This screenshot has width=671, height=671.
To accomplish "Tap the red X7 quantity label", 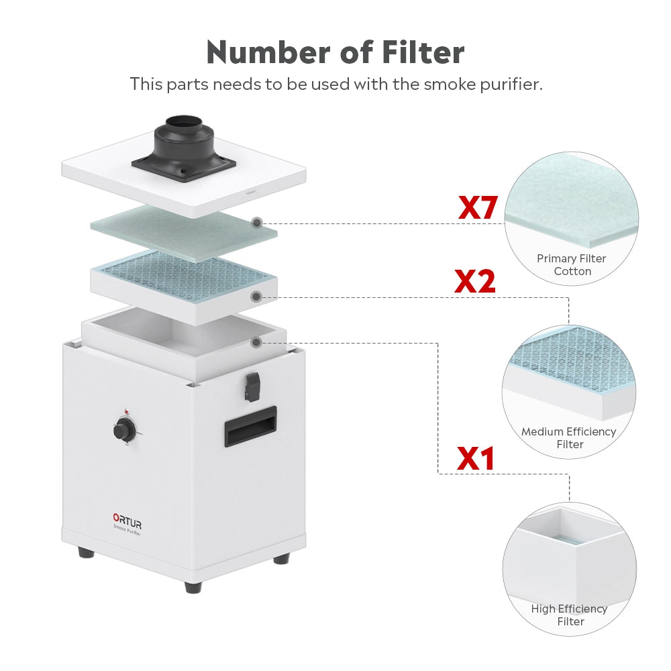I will pos(477,208).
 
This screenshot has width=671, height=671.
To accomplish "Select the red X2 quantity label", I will pos(475,281).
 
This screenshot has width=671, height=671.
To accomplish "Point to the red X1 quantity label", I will pos(476,458).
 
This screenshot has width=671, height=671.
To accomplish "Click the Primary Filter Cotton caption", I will pos(572,265).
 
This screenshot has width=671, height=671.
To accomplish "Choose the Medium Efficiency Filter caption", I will pos(569,438).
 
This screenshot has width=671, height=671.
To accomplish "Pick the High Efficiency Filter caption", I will pos(569,615).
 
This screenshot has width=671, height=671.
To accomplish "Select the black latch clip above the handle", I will pos(252,383).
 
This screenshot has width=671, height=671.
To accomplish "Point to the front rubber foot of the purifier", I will pos(193,586).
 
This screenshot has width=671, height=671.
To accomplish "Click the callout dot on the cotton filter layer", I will pos(256,223).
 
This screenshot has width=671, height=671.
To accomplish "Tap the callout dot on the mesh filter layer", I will pos(256,295).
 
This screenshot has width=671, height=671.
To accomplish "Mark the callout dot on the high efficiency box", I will pos(256,342).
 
